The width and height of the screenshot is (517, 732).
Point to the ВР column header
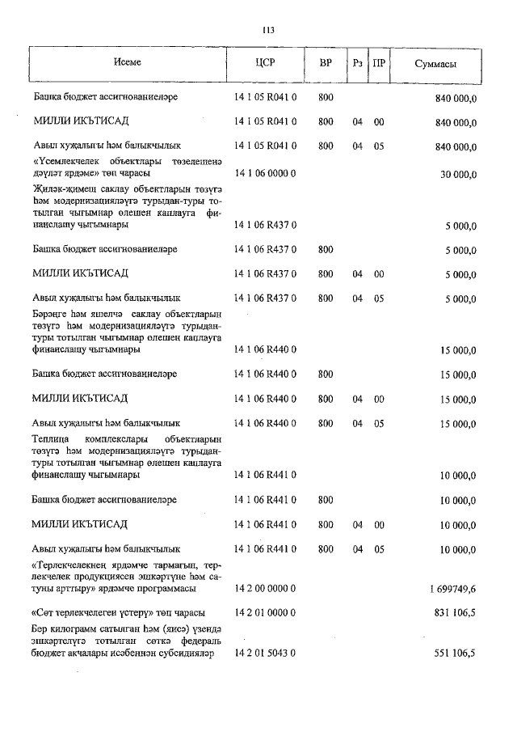tap(326, 63)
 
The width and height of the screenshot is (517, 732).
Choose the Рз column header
tap(357, 63)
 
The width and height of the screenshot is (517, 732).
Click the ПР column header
tap(379, 63)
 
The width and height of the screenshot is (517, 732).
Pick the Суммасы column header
tap(438, 63)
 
